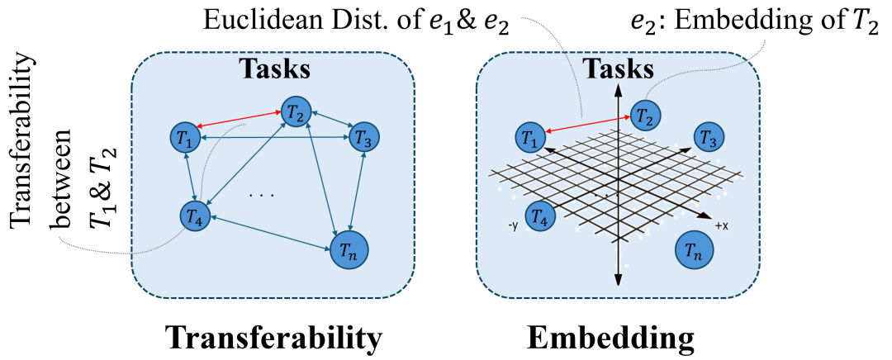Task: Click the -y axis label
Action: pos(512,224)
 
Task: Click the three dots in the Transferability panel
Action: pos(262,195)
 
